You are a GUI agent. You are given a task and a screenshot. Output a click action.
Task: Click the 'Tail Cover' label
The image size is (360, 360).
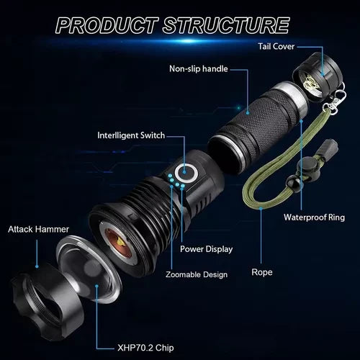(x=276, y=46)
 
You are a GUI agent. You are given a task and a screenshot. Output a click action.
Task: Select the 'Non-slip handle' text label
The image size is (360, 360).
(x=199, y=69)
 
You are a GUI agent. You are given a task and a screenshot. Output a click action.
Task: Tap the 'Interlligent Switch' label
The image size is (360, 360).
(x=131, y=135)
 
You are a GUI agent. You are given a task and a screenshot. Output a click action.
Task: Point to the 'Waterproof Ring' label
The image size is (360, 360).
(x=314, y=217)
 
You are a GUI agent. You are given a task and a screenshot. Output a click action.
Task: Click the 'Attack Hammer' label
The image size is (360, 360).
(x=38, y=229)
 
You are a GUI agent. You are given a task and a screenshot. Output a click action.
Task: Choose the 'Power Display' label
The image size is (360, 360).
(x=207, y=249)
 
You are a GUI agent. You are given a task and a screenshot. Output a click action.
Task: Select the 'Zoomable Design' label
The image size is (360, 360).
(x=197, y=274)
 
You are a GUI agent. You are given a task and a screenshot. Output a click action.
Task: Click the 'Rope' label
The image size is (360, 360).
(x=262, y=272)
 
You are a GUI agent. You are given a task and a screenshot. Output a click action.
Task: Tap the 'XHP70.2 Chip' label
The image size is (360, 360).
(x=145, y=348)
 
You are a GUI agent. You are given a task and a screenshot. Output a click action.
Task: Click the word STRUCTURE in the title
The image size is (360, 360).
(x=226, y=25)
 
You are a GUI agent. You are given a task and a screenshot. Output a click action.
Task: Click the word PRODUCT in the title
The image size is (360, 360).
(x=107, y=25)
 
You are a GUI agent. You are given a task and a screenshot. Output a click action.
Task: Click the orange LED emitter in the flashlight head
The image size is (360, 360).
(x=118, y=243)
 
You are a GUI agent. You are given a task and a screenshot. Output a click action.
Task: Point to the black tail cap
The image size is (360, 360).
(x=317, y=77)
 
